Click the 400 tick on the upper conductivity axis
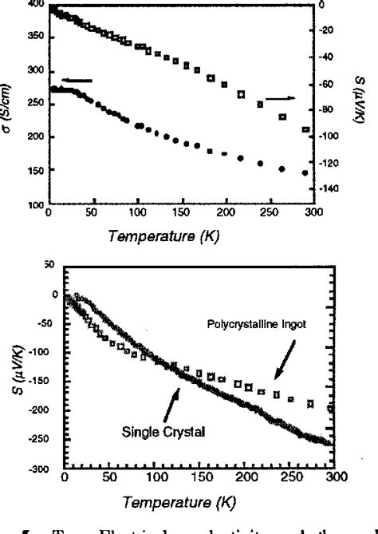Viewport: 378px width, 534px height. tap(37, 4)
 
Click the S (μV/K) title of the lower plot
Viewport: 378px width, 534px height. tap(18, 362)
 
